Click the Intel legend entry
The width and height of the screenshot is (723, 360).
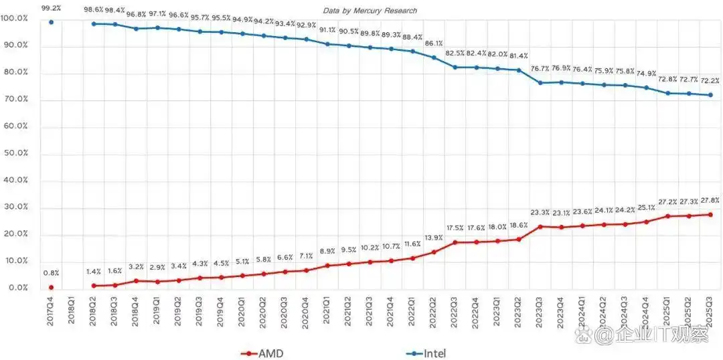pyautogui.click(x=425, y=353)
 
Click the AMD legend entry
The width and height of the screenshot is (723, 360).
pyautogui.click(x=263, y=353)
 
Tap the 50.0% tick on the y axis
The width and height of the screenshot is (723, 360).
pyautogui.click(x=15, y=153)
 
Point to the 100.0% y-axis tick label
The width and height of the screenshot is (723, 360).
pyautogui.click(x=15, y=18)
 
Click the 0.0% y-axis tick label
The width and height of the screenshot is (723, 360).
pyautogui.click(x=15, y=288)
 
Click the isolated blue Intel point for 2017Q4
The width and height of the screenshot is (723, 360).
pyautogui.click(x=51, y=22)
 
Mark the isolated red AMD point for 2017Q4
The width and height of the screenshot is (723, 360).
pyautogui.click(x=51, y=287)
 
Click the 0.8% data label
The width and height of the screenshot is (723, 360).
pyautogui.click(x=51, y=273)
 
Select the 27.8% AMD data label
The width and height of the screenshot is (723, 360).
pyautogui.click(x=710, y=200)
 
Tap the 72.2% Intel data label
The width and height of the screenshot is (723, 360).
pyautogui.click(x=710, y=80)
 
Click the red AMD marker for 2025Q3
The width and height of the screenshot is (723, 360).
pyautogui.click(x=710, y=214)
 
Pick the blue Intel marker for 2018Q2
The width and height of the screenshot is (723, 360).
pyautogui.click(x=93, y=24)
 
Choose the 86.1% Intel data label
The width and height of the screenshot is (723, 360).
pyautogui.click(x=434, y=43)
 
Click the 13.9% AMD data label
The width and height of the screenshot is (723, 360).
pyautogui.click(x=434, y=238)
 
